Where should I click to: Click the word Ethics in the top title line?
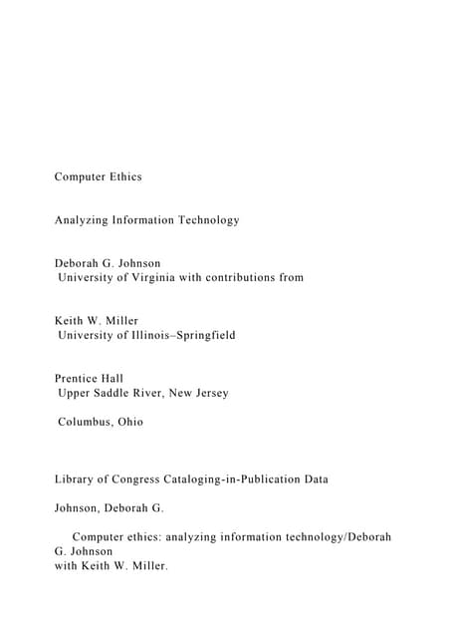click(122, 176)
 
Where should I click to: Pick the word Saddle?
click(118, 393)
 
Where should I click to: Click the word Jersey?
click(208, 393)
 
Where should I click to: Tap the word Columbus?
click(86, 422)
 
